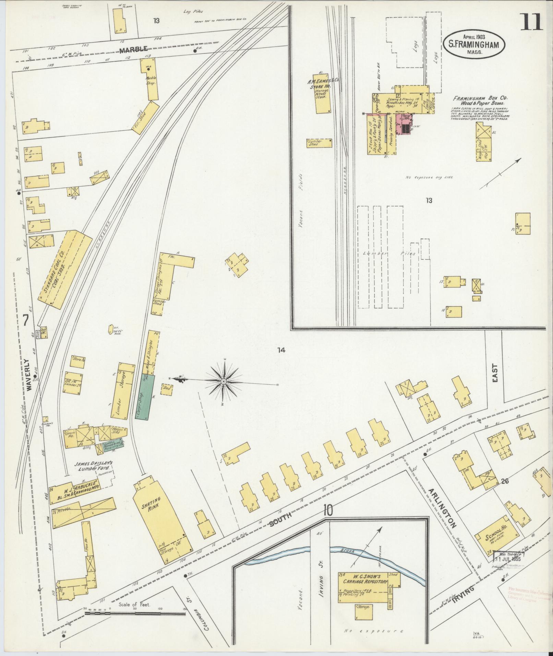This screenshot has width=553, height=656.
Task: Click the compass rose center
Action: click(x=224, y=381)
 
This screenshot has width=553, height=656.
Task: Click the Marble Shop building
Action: click(x=151, y=80)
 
